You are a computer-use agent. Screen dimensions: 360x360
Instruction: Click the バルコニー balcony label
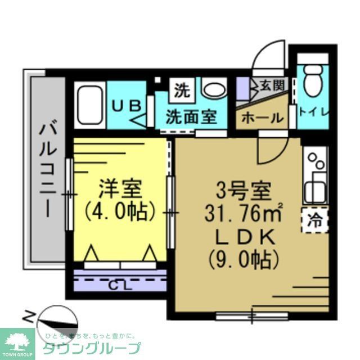[47, 169]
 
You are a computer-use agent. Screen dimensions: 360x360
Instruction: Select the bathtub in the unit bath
[91, 105]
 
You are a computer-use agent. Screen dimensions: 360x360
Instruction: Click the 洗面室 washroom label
[191, 118]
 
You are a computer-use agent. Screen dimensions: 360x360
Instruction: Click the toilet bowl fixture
[312, 84]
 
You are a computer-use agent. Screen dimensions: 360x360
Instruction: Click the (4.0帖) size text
[119, 211]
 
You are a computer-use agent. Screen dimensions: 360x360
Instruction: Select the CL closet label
[121, 285]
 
